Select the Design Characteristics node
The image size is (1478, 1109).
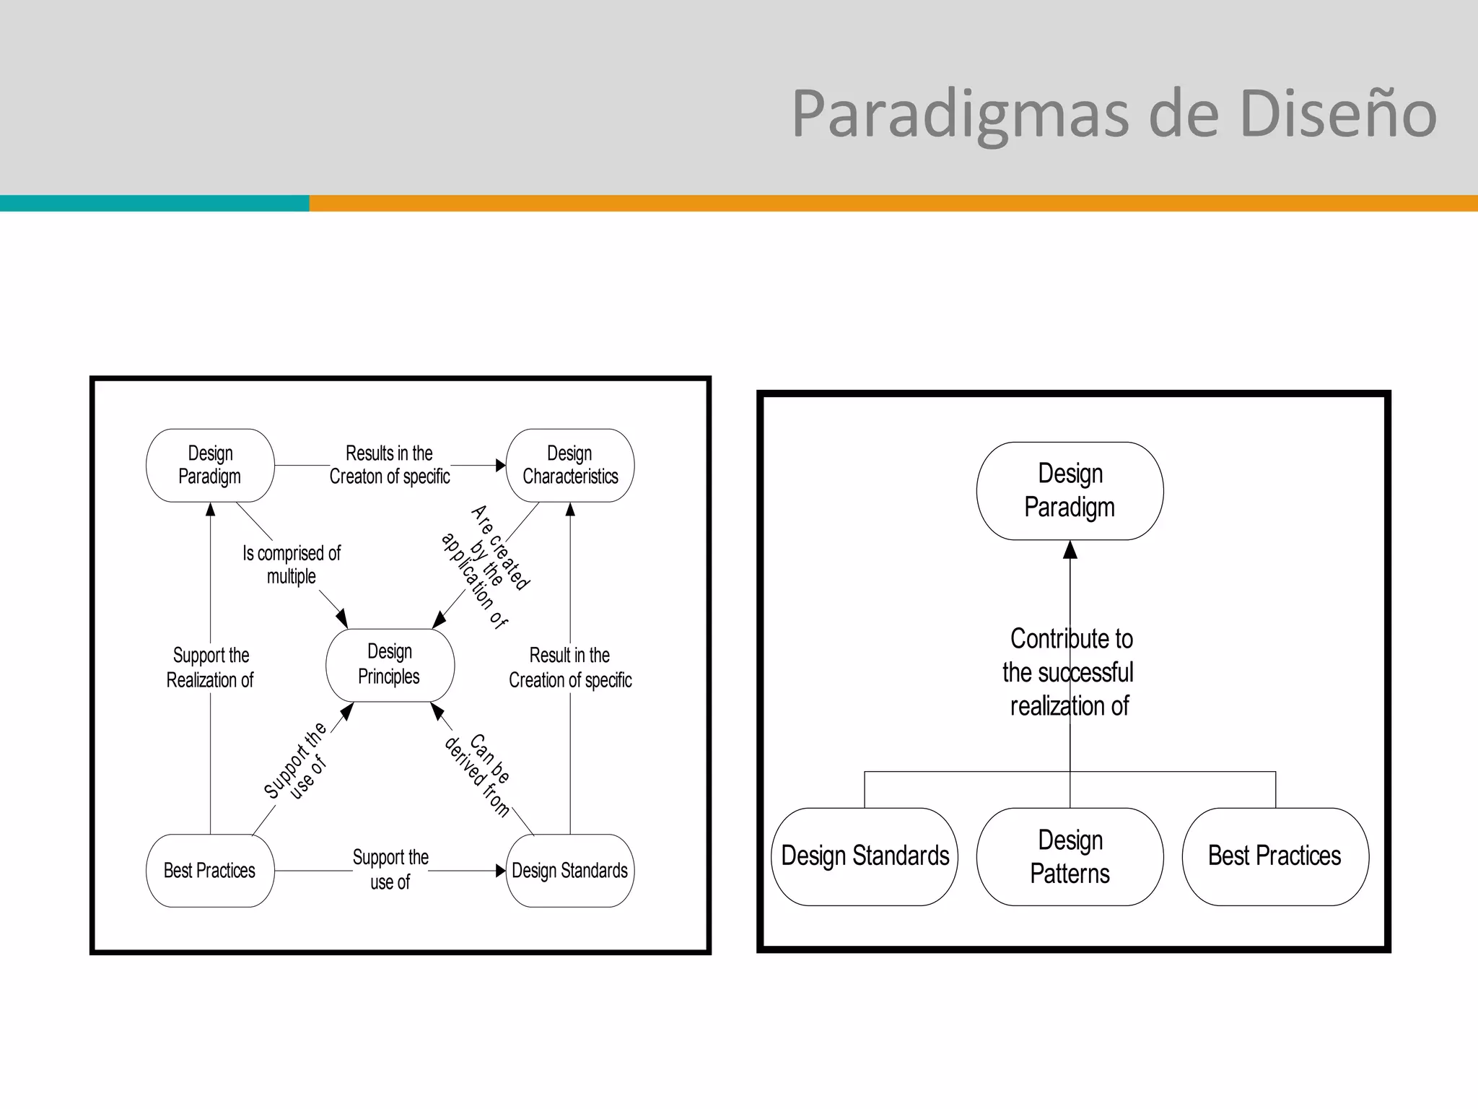[x=570, y=465]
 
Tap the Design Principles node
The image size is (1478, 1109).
[x=390, y=664]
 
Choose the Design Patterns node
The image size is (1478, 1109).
[x=1070, y=856]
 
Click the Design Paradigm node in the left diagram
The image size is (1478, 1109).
[x=210, y=465]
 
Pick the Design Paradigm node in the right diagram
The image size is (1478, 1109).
[x=1070, y=491]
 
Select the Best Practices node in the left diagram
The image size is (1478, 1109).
[x=210, y=871]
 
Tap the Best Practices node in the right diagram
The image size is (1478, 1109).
[x=1274, y=856]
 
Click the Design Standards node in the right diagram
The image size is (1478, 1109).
[x=865, y=856]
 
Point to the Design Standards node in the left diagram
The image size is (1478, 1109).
[x=570, y=871]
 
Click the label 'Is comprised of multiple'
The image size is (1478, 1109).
[x=292, y=565]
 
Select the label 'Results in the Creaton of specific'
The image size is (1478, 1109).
[x=390, y=465]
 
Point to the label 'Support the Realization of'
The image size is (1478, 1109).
[x=210, y=667]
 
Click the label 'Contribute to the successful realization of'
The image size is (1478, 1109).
[x=1070, y=672]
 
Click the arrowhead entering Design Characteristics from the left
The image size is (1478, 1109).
[x=501, y=466]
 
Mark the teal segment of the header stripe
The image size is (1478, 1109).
[x=154, y=203]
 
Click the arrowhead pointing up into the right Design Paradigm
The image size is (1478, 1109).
[x=1070, y=550]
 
